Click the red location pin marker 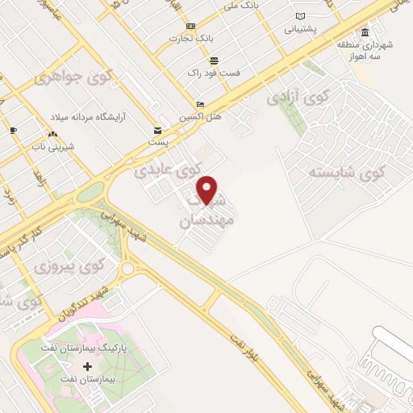[x=208, y=190]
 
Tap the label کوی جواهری [x=59, y=79]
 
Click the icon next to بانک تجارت [x=191, y=26]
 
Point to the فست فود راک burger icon [x=214, y=60]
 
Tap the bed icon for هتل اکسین [x=201, y=104]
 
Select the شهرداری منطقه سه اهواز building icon [x=365, y=33]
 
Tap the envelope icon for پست [x=157, y=129]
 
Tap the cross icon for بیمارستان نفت [x=99, y=366]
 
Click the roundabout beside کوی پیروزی [x=127, y=269]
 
